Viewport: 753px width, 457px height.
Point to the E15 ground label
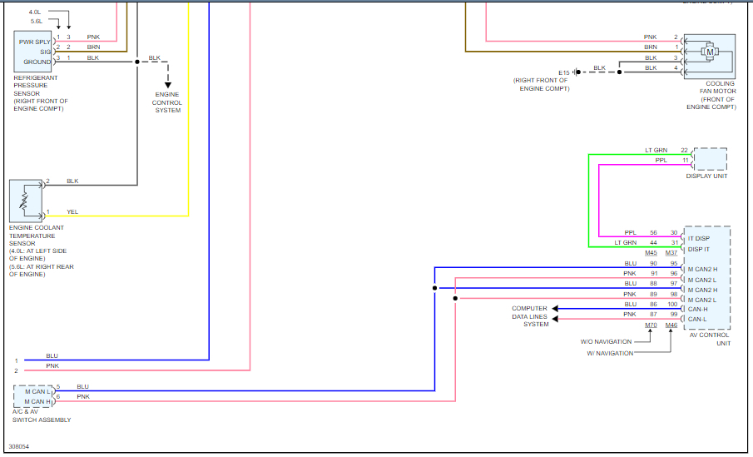tap(565, 72)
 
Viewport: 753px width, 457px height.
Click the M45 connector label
tap(651, 253)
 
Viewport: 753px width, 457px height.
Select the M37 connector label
tap(671, 253)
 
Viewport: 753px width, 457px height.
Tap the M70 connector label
tap(651, 325)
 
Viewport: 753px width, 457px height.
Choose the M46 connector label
tap(671, 325)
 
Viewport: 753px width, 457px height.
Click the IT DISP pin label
tap(699, 239)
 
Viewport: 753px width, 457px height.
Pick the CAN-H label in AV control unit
tap(697, 310)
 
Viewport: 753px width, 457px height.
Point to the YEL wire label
tap(72, 211)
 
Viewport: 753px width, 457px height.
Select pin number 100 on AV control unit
tap(672, 305)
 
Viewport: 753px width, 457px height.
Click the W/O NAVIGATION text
tap(607, 341)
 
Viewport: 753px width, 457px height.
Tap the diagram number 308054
tap(18, 447)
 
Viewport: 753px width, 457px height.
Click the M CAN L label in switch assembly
tap(37, 391)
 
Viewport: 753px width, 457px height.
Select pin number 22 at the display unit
tap(684, 150)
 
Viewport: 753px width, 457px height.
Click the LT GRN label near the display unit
tap(656, 150)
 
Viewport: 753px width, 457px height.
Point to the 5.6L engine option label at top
tap(36, 22)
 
